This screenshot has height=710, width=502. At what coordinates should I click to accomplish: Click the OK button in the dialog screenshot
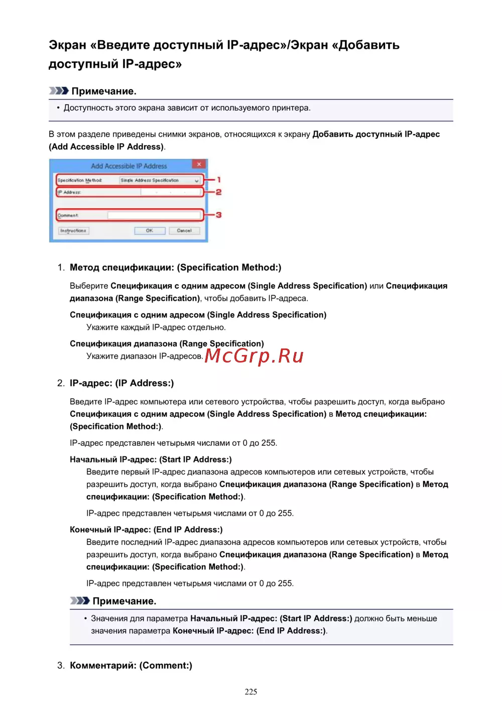[x=150, y=231]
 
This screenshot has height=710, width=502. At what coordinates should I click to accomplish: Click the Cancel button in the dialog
[x=184, y=231]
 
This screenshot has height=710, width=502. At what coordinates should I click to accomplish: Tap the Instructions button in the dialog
[x=73, y=231]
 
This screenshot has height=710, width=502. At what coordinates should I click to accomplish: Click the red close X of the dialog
[x=199, y=164]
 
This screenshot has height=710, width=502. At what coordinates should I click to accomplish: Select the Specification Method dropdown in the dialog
[x=160, y=180]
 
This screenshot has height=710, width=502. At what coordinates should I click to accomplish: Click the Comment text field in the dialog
[x=154, y=215]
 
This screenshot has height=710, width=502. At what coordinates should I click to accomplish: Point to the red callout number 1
[x=219, y=180]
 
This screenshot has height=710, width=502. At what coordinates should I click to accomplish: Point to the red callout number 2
[x=219, y=192]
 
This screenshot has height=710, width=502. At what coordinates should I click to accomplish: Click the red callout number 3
[x=219, y=215]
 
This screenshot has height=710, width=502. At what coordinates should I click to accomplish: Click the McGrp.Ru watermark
[x=254, y=356]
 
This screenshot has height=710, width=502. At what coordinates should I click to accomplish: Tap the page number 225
[x=251, y=691]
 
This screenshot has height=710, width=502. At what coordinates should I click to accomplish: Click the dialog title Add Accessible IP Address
[x=129, y=166]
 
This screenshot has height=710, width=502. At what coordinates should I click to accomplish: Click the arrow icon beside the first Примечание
[x=58, y=91]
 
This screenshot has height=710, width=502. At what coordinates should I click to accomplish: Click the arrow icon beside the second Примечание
[x=79, y=601]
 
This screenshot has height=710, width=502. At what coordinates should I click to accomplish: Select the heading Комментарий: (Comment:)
[x=131, y=665]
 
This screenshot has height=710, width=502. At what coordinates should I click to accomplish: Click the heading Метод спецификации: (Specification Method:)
[x=175, y=268]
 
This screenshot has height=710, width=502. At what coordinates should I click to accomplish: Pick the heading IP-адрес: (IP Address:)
[x=121, y=383]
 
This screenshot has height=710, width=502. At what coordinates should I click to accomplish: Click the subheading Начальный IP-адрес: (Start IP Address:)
[x=151, y=459]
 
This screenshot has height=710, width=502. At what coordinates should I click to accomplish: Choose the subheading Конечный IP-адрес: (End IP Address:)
[x=146, y=530]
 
